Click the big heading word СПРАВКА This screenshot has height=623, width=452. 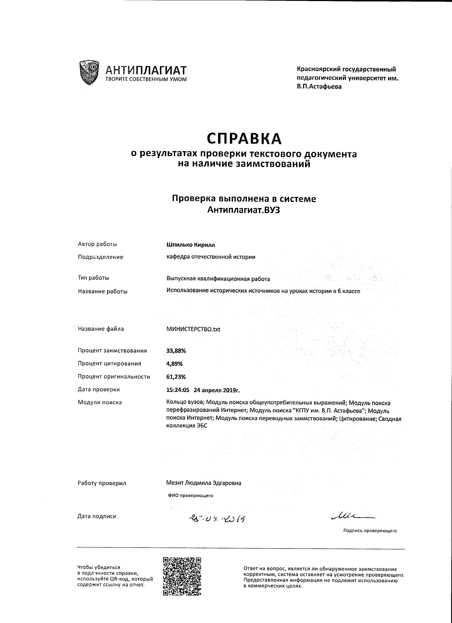point(244,138)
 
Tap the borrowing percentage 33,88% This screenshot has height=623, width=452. point(176,351)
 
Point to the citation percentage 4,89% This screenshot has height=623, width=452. point(174,364)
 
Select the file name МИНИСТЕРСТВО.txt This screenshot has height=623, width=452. point(193,329)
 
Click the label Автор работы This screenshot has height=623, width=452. point(97,244)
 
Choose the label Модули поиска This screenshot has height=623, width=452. point(100,402)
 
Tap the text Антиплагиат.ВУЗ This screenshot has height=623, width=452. point(244,210)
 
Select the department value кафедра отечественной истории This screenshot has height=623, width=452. point(211,257)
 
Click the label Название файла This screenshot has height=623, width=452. point(101,329)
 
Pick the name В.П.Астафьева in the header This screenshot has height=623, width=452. point(319,87)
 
